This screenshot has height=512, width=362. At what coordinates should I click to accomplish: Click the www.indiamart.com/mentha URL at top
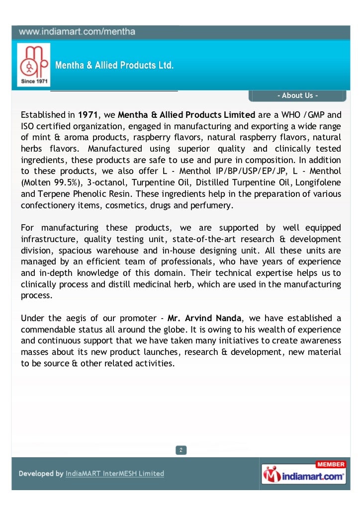coord(77,32)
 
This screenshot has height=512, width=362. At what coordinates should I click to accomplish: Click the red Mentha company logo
coord(33,61)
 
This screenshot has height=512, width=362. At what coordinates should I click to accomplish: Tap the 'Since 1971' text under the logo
coord(33,82)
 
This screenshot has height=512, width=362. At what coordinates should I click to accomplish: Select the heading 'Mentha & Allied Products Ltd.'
coord(114,65)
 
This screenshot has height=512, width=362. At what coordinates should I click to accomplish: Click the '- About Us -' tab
coord(297,95)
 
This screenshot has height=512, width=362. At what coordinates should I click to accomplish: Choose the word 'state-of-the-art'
coord(198,239)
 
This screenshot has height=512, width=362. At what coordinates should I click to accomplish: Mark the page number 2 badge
coord(181,450)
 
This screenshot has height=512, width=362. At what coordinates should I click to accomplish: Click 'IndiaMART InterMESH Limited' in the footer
coord(115,474)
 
